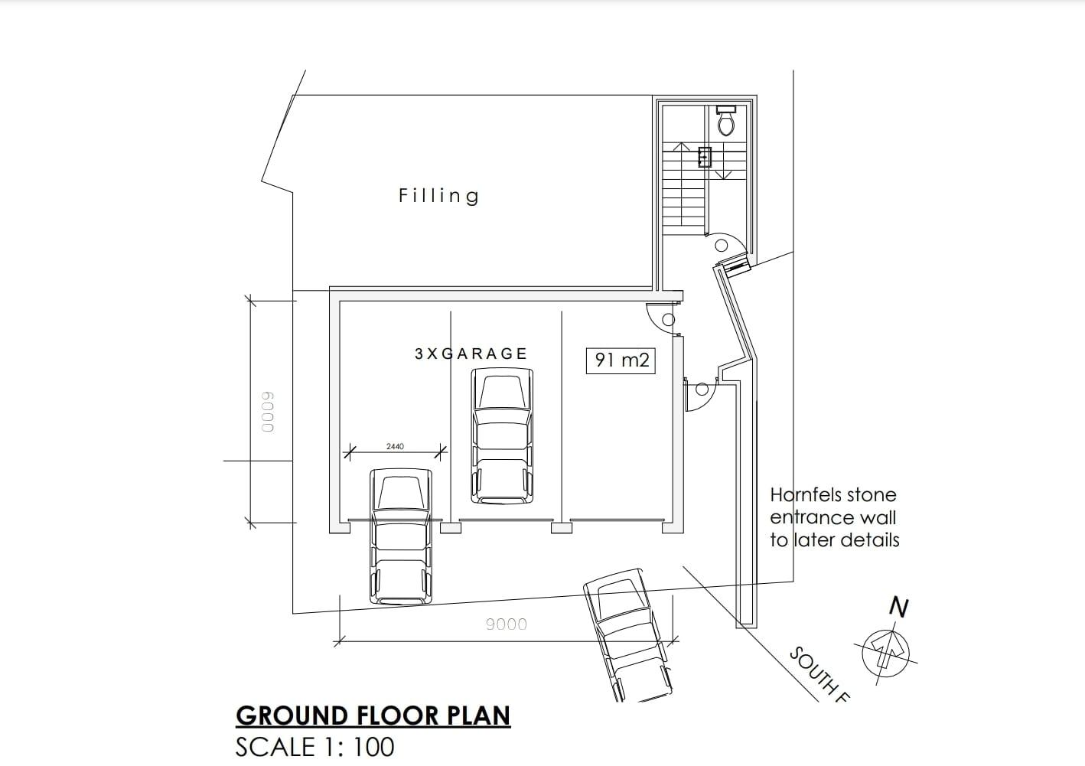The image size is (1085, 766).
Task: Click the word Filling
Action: point(439,196)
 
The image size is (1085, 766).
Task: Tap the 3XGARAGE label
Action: point(471,354)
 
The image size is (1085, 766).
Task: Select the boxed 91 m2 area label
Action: point(621,360)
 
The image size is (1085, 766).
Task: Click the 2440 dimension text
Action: point(395,446)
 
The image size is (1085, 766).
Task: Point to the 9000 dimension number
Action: point(507,624)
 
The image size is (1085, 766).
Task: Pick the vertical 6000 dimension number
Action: point(267,412)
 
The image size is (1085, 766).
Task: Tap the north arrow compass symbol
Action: point(886,653)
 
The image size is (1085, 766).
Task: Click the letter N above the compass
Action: point(899,608)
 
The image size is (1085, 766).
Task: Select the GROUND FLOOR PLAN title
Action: point(373,715)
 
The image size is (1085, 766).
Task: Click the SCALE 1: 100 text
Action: point(314,747)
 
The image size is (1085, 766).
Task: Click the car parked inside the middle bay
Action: point(502,436)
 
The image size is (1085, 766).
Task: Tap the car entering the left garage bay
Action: point(401,536)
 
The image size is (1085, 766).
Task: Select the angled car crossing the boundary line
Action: point(628,635)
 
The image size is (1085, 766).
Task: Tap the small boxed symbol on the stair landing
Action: point(705,157)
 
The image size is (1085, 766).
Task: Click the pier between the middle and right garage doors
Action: point(562,527)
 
